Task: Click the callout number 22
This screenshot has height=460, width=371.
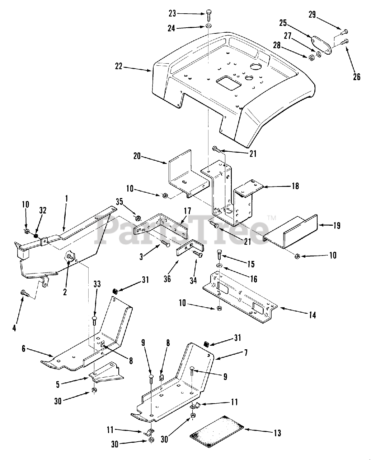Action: (118, 66)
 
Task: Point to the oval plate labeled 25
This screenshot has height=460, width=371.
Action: (321, 45)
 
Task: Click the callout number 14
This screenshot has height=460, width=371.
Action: (312, 315)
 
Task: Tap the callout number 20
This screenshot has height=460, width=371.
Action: (137, 157)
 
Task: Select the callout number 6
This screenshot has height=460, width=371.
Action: (24, 349)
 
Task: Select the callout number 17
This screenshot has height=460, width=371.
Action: (187, 211)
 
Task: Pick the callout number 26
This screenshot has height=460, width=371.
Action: (356, 76)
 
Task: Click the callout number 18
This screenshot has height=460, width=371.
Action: (295, 186)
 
